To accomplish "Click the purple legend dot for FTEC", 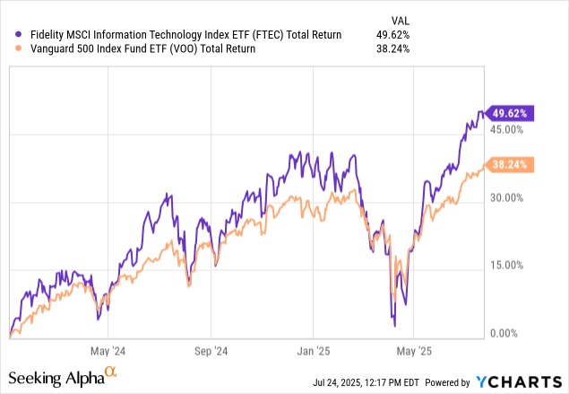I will pyautogui.click(x=13, y=35).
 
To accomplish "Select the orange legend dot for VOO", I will pyautogui.click(x=13, y=49).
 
